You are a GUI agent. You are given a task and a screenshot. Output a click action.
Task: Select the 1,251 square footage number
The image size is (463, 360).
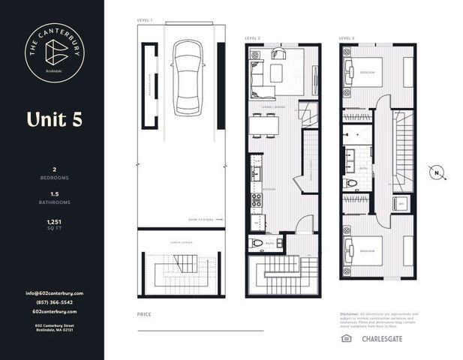53,222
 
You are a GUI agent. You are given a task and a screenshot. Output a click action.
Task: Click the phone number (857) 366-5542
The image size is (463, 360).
53,301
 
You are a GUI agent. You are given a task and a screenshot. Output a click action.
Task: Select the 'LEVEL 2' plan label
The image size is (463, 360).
253,37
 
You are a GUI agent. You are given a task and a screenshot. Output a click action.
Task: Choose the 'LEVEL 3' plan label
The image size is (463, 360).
346,37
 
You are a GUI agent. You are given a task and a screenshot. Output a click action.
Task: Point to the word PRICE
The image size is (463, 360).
144,313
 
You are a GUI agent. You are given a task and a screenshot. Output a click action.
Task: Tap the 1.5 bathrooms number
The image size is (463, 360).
53,193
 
